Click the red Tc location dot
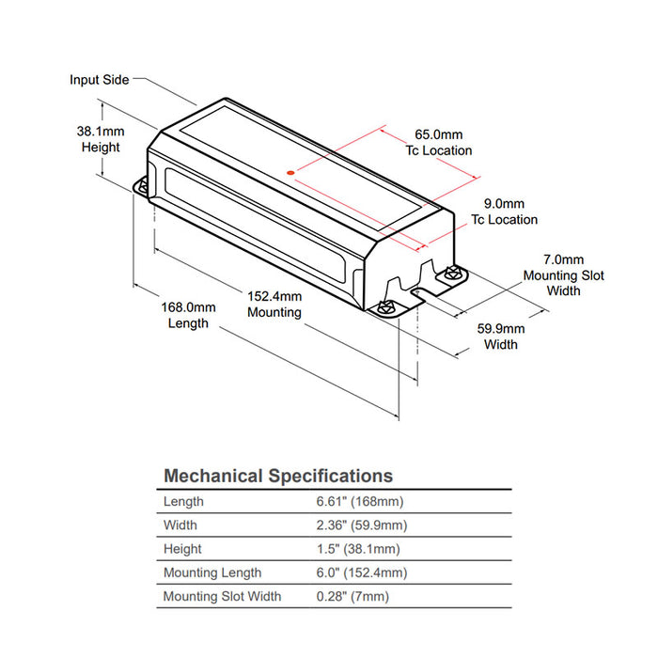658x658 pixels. point(290,172)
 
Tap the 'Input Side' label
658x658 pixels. point(99,80)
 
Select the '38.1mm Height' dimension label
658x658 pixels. point(100,140)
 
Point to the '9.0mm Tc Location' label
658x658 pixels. point(504,211)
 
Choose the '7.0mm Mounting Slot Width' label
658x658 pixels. point(564,275)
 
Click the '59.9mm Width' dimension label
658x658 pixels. point(501,337)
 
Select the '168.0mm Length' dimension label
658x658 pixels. point(188,315)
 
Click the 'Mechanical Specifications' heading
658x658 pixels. point(278,476)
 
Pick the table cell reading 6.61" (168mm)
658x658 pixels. point(360,502)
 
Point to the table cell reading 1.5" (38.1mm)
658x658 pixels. point(359,549)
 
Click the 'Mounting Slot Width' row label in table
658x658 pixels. point(222,596)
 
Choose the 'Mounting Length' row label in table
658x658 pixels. point(212,572)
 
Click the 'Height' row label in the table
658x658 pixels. point(182,549)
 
